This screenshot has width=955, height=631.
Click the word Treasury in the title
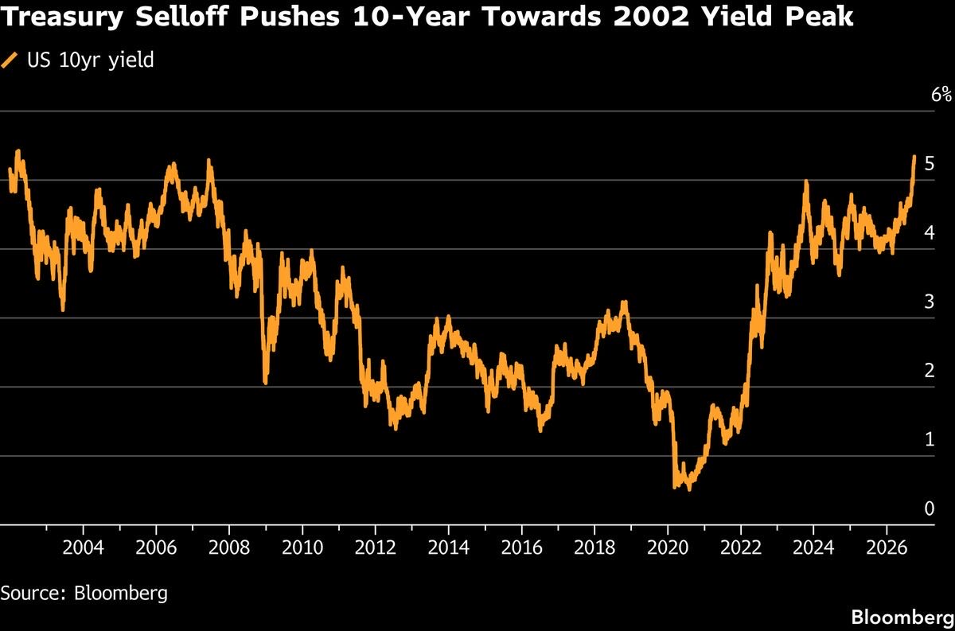(62, 17)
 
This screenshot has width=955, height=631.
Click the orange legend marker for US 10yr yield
(9, 60)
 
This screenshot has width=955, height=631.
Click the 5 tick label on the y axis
(930, 163)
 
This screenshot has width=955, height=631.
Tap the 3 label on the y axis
(930, 302)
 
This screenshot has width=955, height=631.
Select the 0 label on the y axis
(930, 508)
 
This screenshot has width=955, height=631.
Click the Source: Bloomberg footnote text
(84, 594)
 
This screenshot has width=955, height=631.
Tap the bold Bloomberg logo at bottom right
(902, 617)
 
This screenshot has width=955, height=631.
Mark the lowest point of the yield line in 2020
(689, 489)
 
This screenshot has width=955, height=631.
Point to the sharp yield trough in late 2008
(266, 383)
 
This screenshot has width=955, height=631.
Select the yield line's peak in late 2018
(625, 302)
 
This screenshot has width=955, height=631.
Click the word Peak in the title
(820, 16)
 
